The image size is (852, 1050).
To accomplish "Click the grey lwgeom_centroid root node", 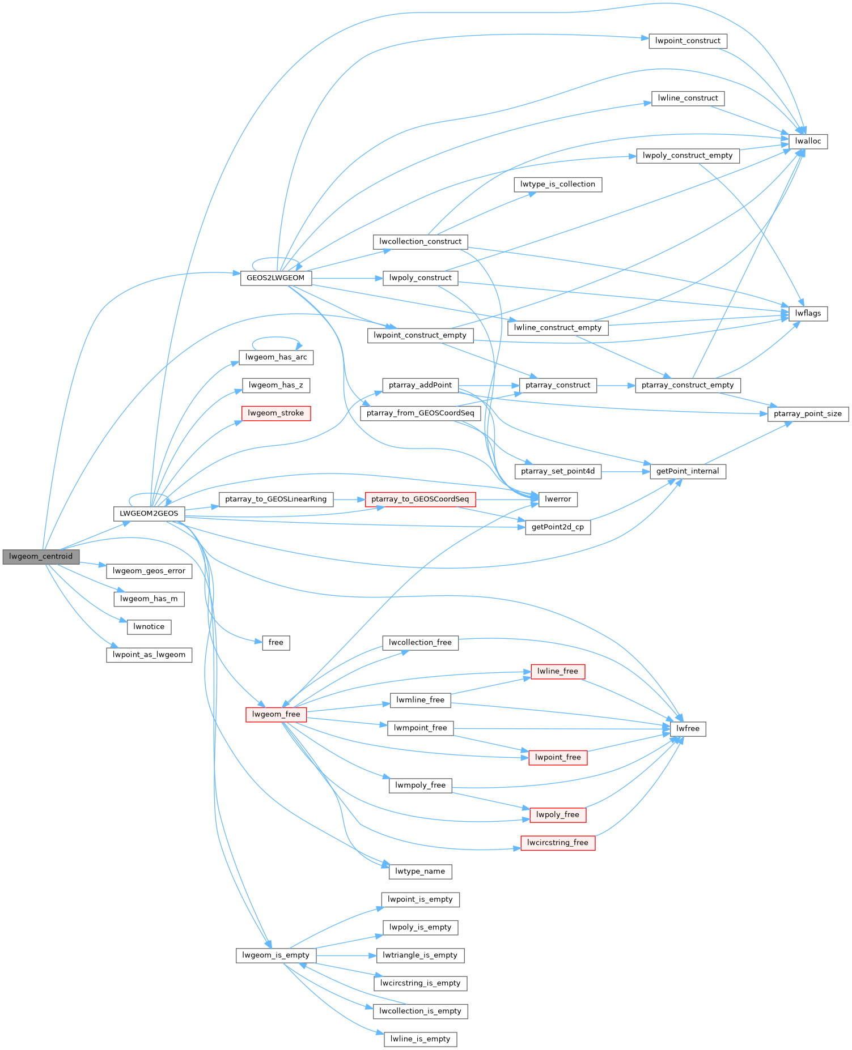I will [x=41, y=557].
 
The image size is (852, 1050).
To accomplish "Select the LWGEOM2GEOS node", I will [x=149, y=514].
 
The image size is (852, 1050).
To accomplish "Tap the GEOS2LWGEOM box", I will [x=275, y=278].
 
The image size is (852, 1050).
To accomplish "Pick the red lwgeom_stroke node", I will [x=275, y=413].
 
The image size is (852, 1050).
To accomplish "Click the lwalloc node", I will [x=808, y=142].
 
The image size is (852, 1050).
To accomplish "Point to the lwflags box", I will [x=808, y=313].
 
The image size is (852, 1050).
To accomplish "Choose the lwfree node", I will [x=688, y=729].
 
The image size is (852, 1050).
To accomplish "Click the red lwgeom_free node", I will [x=276, y=715].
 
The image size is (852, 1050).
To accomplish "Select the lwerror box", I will [x=558, y=500].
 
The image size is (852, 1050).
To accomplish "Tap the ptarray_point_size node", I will [x=808, y=414].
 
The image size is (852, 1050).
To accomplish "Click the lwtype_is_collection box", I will [x=557, y=185].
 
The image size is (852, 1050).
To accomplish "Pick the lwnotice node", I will [x=149, y=627].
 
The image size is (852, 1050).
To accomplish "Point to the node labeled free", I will [x=276, y=643].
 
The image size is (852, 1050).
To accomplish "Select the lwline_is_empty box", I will [x=420, y=1039].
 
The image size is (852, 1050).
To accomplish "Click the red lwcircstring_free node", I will [x=557, y=843].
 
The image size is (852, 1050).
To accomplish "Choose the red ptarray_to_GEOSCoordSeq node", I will [x=420, y=500].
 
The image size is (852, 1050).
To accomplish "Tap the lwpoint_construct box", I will [x=688, y=41].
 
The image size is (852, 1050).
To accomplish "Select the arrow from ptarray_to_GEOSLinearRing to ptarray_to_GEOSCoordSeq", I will [x=349, y=500].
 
